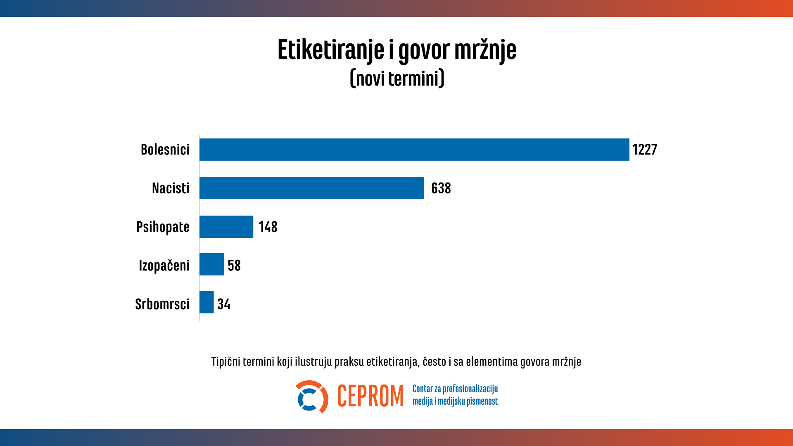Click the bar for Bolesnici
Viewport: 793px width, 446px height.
(x=414, y=149)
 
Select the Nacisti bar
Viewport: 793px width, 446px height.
(x=311, y=188)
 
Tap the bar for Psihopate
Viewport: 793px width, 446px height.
(x=226, y=227)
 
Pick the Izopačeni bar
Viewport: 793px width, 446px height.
(x=211, y=264)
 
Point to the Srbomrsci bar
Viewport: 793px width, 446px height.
(x=207, y=302)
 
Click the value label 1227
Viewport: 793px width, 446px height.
(x=644, y=149)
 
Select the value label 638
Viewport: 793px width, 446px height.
(x=441, y=188)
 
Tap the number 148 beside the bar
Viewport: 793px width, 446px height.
(x=268, y=227)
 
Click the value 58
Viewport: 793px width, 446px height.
(x=234, y=266)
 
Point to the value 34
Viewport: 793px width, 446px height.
(x=223, y=304)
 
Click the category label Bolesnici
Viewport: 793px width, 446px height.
(x=165, y=149)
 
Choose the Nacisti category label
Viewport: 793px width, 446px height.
(x=171, y=188)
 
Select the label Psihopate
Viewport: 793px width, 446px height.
(x=163, y=227)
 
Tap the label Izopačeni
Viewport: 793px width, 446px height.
(x=164, y=266)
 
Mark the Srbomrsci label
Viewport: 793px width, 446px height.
(x=162, y=304)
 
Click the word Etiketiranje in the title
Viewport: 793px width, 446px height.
(x=330, y=50)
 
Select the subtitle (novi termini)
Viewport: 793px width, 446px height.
(x=397, y=78)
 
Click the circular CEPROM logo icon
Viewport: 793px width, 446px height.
(x=311, y=397)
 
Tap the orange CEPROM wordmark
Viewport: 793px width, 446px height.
(x=370, y=396)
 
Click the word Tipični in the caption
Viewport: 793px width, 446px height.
(x=226, y=362)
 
